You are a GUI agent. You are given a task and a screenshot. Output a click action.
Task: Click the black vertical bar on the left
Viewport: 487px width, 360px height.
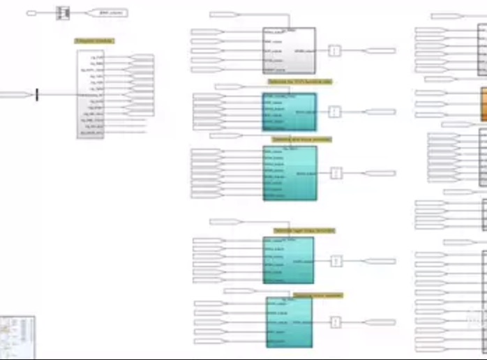[37, 94]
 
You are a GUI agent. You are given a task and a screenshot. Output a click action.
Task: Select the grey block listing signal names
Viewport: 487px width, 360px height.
[90, 93]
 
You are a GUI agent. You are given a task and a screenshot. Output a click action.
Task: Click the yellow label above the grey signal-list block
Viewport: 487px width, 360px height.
[94, 41]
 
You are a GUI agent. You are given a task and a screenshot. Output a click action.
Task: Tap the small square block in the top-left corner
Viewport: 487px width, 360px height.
[63, 13]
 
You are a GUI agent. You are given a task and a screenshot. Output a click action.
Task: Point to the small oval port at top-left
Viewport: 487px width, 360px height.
[31, 13]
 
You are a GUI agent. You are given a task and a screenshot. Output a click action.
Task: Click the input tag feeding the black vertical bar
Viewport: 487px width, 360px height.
[15, 94]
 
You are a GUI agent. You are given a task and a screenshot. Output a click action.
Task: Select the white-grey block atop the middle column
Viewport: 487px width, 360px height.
[288, 50]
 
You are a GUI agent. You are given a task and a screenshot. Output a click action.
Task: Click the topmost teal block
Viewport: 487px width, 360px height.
[289, 112]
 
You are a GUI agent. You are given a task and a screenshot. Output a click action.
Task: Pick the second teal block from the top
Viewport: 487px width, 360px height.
[290, 172]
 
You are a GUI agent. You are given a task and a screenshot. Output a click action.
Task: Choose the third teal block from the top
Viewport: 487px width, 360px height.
[288, 260]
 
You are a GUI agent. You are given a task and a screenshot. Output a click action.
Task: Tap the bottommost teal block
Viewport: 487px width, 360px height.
[288, 322]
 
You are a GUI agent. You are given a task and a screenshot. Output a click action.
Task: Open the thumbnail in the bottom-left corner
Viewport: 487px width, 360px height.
[17, 334]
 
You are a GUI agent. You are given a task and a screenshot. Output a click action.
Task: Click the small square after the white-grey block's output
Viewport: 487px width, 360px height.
[335, 51]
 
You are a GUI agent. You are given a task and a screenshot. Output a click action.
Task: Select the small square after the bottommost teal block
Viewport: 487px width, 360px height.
[336, 322]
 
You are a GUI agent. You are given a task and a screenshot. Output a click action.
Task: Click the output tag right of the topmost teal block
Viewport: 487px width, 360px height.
[380, 112]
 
